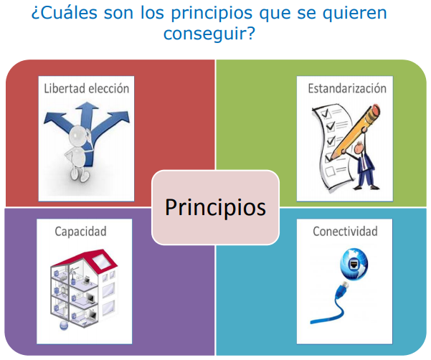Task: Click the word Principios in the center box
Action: (x=215, y=208)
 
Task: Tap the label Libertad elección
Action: (x=87, y=88)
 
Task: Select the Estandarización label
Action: (x=347, y=88)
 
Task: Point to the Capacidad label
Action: (x=80, y=232)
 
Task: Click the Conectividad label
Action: (x=345, y=232)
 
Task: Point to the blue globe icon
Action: (x=354, y=264)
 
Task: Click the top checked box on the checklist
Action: (x=326, y=113)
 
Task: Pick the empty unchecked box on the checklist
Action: (x=330, y=171)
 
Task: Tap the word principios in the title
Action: (x=212, y=14)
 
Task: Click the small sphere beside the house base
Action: (x=64, y=325)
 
